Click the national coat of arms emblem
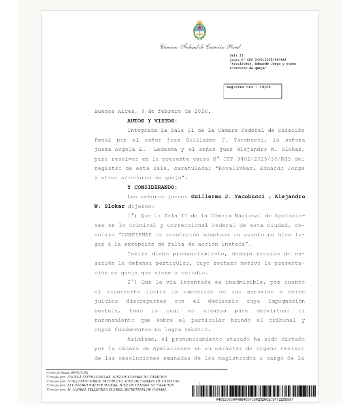coord(200,30)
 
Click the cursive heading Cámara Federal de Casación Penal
coord(200,47)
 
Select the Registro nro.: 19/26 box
coord(253,91)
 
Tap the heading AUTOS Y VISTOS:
coord(152,121)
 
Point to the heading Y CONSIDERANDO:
coord(152,187)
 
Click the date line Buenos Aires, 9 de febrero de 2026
coord(152,111)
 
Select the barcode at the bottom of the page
coord(254,391)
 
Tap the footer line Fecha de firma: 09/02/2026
coord(64,373)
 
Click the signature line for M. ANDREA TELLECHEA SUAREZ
coord(106,389)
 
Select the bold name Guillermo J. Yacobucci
coord(228,197)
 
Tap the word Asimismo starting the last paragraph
coord(142,339)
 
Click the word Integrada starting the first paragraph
coord(143,130)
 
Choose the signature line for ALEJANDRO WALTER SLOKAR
coord(110,385)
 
